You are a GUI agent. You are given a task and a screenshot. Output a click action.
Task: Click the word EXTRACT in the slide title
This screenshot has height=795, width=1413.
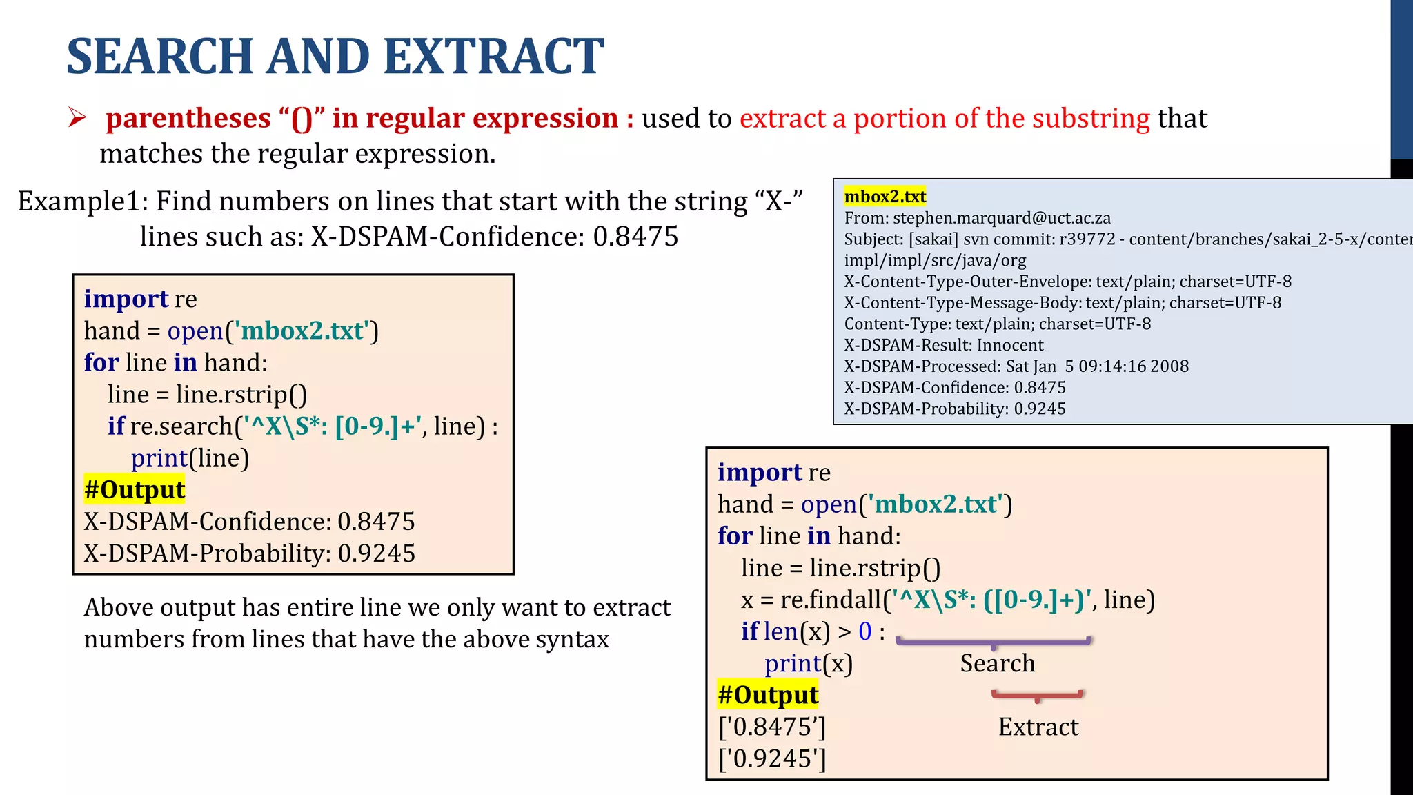tap(493, 57)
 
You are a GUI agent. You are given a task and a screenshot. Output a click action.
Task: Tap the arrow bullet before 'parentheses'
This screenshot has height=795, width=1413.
tap(77, 118)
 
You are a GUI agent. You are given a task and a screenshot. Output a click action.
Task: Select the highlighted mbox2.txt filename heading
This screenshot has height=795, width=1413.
tap(885, 197)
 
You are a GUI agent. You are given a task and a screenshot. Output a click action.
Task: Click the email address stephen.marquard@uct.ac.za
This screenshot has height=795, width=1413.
tap(1002, 218)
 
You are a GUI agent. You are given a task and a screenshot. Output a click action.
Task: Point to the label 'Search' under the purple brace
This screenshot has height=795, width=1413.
tap(997, 663)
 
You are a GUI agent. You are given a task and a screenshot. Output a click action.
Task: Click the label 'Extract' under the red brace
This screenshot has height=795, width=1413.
tap(1038, 727)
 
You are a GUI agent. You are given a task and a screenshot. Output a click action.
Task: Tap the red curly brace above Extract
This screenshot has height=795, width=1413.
tap(1037, 696)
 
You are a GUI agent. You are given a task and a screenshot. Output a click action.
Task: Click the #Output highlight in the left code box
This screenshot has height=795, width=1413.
tap(135, 489)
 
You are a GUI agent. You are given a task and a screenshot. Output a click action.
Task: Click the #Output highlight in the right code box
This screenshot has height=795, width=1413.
tap(768, 694)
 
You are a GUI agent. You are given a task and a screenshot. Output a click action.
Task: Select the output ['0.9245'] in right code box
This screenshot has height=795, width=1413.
tap(771, 758)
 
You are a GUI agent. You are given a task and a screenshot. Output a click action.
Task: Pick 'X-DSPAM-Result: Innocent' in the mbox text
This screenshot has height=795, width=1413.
tap(943, 345)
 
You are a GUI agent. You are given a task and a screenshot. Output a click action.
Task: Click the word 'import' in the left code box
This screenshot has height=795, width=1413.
tap(126, 299)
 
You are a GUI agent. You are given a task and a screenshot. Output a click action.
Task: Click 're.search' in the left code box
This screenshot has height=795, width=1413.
tap(181, 426)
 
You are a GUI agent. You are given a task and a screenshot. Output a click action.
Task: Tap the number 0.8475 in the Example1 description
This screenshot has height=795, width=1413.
tap(635, 237)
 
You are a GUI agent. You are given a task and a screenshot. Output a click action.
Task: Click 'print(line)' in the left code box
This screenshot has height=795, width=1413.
tap(190, 458)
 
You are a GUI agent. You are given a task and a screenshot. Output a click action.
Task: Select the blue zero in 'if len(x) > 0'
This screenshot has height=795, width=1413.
tap(864, 631)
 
